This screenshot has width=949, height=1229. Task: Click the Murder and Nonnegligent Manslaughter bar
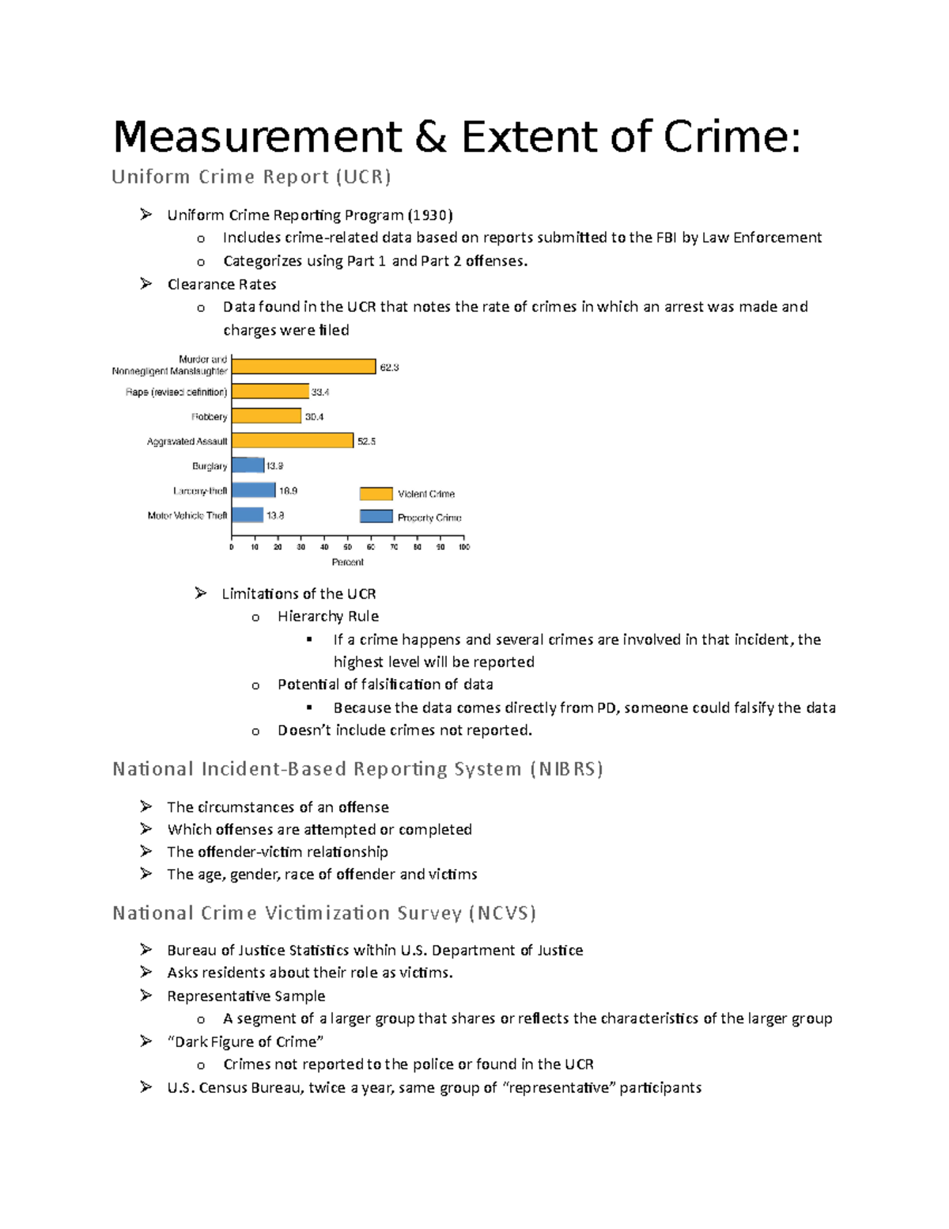(x=304, y=366)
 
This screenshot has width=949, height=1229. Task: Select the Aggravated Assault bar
(x=293, y=441)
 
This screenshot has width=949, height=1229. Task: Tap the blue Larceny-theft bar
(x=254, y=491)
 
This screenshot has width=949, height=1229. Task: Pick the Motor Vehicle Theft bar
(x=248, y=515)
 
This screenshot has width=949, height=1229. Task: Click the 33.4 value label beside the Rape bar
(x=320, y=392)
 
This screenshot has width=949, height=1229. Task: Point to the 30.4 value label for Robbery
(x=314, y=417)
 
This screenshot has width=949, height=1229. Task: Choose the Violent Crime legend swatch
(x=376, y=494)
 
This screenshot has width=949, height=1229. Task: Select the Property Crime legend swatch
(x=376, y=517)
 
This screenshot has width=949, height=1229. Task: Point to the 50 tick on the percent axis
(x=347, y=547)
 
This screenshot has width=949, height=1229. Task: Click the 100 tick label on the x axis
(x=464, y=547)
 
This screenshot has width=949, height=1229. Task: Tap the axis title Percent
(x=348, y=562)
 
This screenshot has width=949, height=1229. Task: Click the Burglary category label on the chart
(x=210, y=466)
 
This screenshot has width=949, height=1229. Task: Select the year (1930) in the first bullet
(x=430, y=215)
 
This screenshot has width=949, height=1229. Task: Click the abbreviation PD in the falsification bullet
(x=607, y=707)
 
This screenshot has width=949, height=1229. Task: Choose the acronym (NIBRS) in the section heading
(x=566, y=769)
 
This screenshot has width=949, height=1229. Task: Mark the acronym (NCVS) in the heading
(x=502, y=913)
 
